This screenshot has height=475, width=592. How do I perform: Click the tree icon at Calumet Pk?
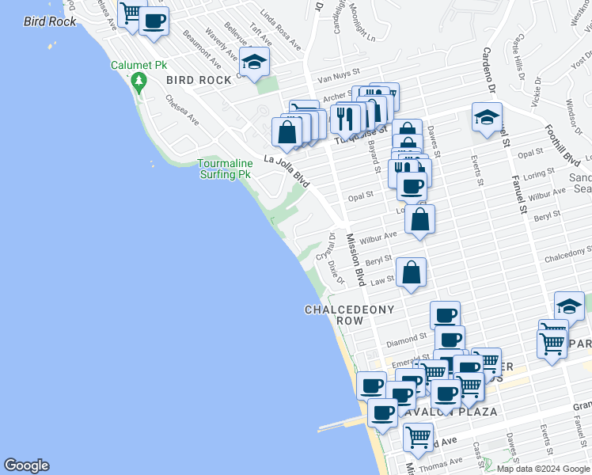tap(139, 81)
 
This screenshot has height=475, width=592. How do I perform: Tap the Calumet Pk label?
tap(140, 66)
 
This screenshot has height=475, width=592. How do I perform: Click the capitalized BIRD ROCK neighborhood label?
tap(199, 80)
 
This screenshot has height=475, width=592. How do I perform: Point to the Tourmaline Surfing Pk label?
tap(226, 169)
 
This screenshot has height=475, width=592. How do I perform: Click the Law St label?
tap(383, 279)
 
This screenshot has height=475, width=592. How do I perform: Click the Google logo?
tap(26, 465)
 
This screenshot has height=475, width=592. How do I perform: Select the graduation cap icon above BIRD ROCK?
tap(254, 63)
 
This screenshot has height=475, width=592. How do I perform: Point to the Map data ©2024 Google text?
tap(542, 469)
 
